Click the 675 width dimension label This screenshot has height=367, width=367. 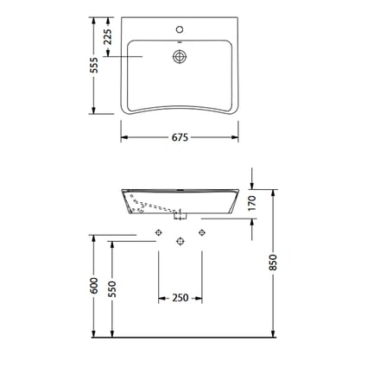180,137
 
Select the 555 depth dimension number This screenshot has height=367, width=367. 94,65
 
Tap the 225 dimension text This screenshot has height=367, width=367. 108,36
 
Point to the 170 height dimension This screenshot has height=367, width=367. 252,203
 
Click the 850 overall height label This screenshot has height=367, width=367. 272,263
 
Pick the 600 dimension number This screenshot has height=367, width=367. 94,286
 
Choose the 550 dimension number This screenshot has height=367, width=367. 111,289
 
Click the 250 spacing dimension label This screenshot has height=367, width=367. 180,298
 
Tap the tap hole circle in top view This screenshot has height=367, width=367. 180,29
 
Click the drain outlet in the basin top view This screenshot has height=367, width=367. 180,56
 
